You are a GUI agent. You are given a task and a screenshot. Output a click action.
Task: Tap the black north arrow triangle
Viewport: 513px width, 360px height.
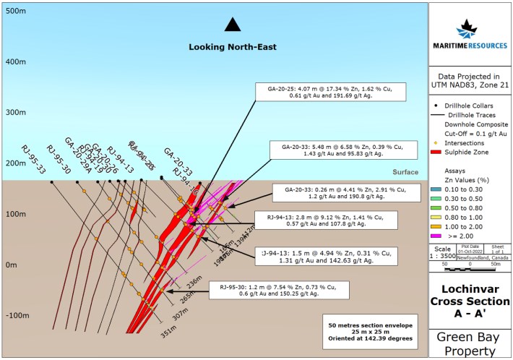[x=232, y=25]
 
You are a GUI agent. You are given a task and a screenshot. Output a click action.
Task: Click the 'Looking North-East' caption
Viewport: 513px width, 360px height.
[x=232, y=47]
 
